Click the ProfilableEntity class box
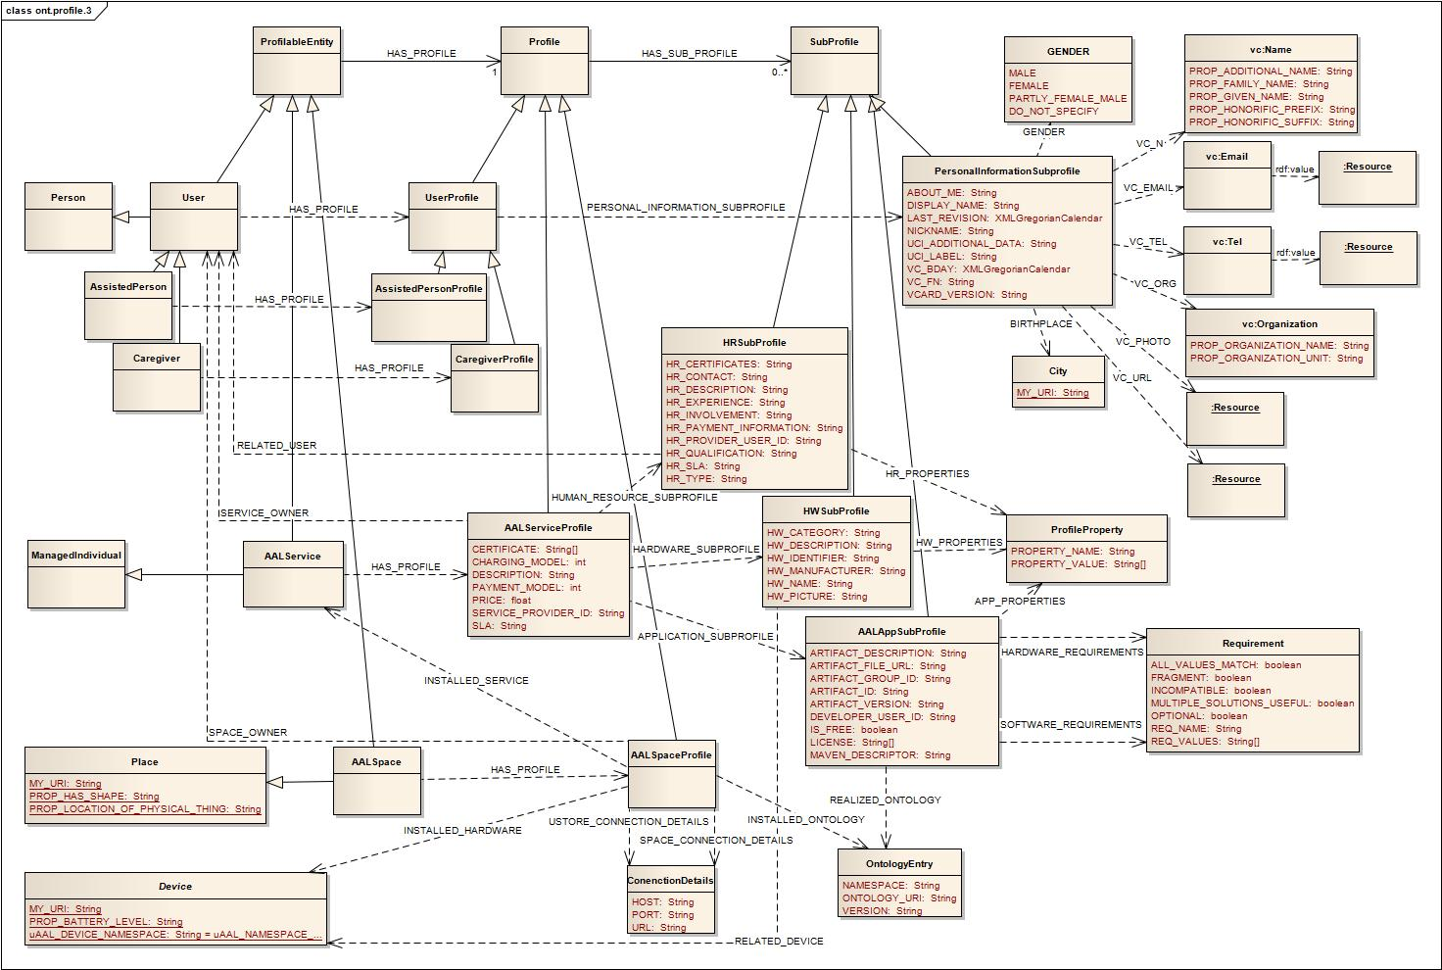[297, 60]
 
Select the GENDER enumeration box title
[1068, 52]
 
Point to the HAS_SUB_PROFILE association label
[689, 53]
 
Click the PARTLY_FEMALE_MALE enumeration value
[1068, 98]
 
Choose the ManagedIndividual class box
[76, 574]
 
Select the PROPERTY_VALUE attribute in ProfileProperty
[1078, 564]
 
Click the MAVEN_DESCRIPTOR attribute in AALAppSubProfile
[880, 755]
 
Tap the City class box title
[1058, 371]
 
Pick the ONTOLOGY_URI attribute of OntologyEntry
[898, 898]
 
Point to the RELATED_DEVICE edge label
[779, 942]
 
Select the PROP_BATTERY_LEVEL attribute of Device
[106, 922]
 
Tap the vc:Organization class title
[1279, 324]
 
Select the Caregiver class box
[157, 375]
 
